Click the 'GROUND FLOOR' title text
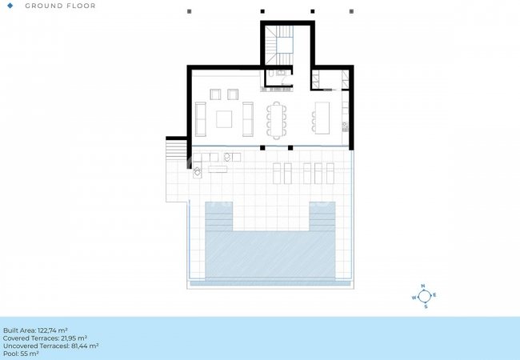(x=60, y=6)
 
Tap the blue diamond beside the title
(x=10, y=6)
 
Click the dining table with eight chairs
(x=277, y=120)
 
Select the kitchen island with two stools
(x=321, y=118)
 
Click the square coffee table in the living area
(x=224, y=119)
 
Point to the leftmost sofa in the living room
(x=200, y=119)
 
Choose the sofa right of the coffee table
(x=248, y=119)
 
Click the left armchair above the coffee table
(x=215, y=94)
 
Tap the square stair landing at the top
(x=285, y=45)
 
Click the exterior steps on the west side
(x=177, y=150)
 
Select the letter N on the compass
(x=423, y=286)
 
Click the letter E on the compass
(x=434, y=294)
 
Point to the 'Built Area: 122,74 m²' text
(x=35, y=330)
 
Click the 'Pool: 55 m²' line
(x=21, y=354)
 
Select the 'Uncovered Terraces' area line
(x=50, y=346)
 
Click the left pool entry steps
(x=219, y=216)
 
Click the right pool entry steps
(x=322, y=216)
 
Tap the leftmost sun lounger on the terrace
(x=277, y=174)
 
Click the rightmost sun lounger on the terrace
(x=330, y=174)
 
